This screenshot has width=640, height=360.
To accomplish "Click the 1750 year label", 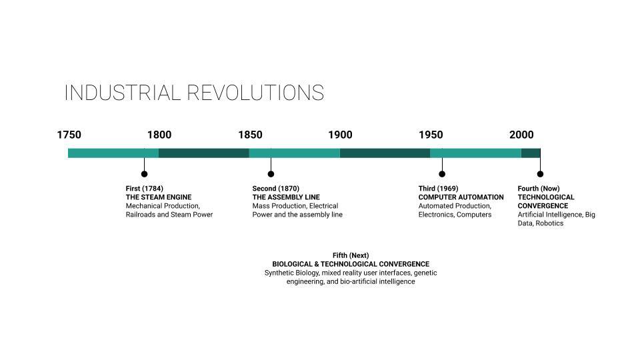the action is [x=69, y=135].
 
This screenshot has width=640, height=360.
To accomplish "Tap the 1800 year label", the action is [x=159, y=135].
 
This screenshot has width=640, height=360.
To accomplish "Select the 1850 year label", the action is [x=250, y=135].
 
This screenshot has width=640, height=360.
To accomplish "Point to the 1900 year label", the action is [x=341, y=135].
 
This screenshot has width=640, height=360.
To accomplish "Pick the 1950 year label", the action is [x=431, y=135].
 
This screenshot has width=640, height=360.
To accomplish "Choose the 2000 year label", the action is [x=521, y=135].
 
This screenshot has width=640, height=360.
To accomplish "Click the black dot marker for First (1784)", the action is [x=144, y=174].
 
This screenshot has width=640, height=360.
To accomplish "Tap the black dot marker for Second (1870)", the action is [x=271, y=174].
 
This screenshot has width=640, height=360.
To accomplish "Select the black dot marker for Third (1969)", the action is [x=442, y=174].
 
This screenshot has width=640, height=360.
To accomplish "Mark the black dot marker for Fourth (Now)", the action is [x=540, y=174].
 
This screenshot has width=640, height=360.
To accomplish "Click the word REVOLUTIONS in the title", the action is [x=255, y=93].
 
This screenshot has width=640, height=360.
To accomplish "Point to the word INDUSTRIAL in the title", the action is [x=123, y=93].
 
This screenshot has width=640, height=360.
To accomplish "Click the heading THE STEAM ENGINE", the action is [x=159, y=197].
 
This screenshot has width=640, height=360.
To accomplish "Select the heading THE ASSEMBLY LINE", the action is [x=286, y=197].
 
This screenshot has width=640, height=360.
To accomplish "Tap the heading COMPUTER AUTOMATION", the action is [x=461, y=197].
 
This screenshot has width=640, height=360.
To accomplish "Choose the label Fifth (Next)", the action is [x=351, y=255].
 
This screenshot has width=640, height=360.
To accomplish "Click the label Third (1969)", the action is [x=439, y=189].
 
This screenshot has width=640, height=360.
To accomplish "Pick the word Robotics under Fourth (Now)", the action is [x=549, y=223].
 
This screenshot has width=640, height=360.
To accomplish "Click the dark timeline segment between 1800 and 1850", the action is [x=204, y=153].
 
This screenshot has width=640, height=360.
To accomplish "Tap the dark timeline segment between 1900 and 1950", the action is [x=385, y=153].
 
